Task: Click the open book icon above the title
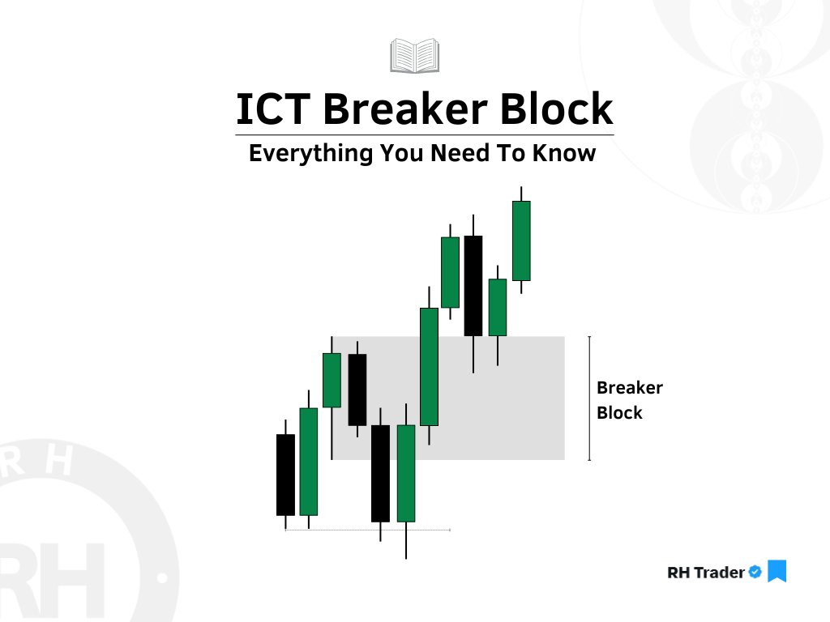click(414, 55)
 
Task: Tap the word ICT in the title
click(267, 109)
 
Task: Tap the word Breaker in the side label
click(630, 388)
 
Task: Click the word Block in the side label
click(619, 413)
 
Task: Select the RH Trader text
click(705, 573)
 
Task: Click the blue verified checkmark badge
click(755, 572)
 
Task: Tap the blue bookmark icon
click(777, 571)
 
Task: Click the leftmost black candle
click(285, 475)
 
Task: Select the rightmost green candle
click(521, 241)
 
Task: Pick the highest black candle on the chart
click(473, 285)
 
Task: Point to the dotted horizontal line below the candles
click(367, 530)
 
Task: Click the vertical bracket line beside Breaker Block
click(589, 398)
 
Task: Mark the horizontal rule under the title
click(424, 134)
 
